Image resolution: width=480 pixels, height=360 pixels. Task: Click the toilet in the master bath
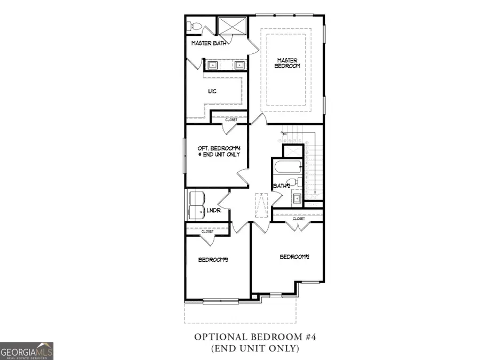point(193,26)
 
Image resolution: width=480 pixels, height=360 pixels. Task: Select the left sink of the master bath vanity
point(212,65)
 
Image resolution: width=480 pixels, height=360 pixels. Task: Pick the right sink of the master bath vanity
point(239,65)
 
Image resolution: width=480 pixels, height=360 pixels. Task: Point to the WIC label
point(212,91)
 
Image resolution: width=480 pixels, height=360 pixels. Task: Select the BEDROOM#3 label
point(213,260)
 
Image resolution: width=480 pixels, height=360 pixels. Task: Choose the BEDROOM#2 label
point(295,257)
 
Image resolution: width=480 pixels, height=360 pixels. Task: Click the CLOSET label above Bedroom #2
point(299,219)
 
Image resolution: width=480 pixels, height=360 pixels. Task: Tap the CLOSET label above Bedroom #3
point(207,231)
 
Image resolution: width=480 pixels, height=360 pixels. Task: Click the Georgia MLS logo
point(27,351)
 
